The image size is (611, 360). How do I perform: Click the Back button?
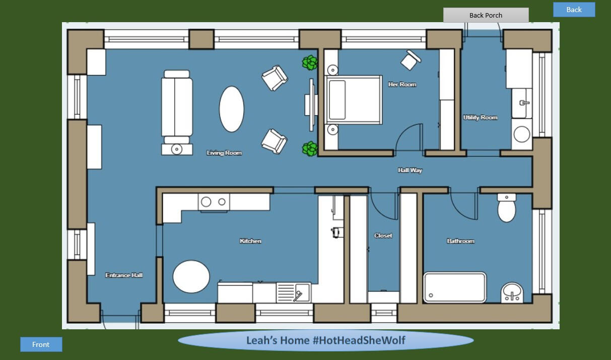574,10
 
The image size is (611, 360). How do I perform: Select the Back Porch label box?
486,15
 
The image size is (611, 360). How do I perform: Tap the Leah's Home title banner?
325,340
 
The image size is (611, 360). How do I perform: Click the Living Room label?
224,153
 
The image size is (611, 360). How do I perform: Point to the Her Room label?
402,85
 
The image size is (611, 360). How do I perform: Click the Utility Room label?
480,117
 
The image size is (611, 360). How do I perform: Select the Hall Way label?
410,170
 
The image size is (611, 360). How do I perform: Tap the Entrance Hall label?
124,275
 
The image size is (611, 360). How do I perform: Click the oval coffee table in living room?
232,109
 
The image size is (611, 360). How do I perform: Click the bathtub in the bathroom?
455,287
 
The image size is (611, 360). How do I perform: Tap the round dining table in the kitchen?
191,276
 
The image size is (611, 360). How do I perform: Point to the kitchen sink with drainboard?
294,293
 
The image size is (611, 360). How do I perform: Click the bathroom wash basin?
512,293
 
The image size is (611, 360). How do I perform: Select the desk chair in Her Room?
410,60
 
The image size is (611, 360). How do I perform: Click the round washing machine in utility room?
521,134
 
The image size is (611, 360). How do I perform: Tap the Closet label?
383,236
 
